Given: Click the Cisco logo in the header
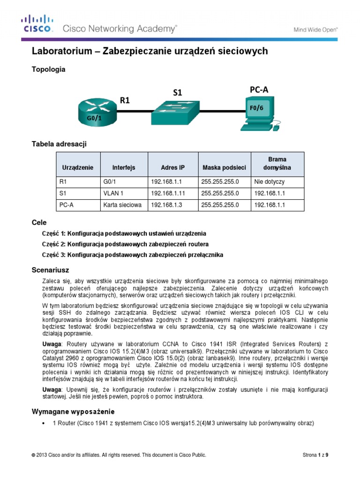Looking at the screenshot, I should click(37, 24).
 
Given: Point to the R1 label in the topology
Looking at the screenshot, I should click(125, 100).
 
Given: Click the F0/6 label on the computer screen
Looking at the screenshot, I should click(255, 107).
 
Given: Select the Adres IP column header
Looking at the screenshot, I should click(172, 167).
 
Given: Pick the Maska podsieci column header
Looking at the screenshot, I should click(224, 167).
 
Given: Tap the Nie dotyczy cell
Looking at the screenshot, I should click(269, 181).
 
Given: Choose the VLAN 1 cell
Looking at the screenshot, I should click(112, 193).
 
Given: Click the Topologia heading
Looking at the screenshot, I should click(48, 69).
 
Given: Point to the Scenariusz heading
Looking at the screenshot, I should click(50, 270).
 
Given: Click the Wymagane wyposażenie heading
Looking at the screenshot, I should click(73, 412).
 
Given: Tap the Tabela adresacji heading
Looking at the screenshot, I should click(59, 144).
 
